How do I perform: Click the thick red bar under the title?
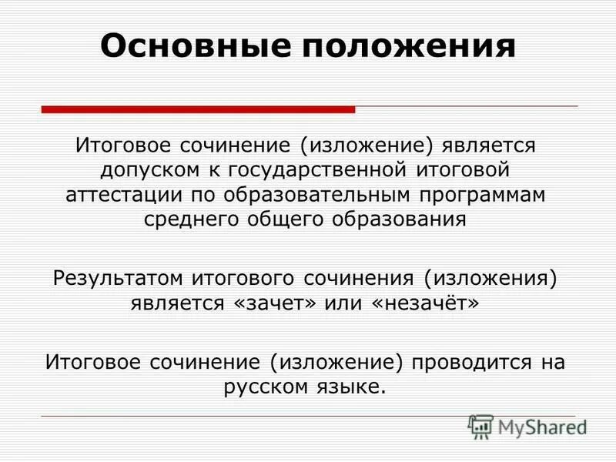click(198, 110)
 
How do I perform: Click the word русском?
click(267, 385)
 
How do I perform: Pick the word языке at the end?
click(351, 385)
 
